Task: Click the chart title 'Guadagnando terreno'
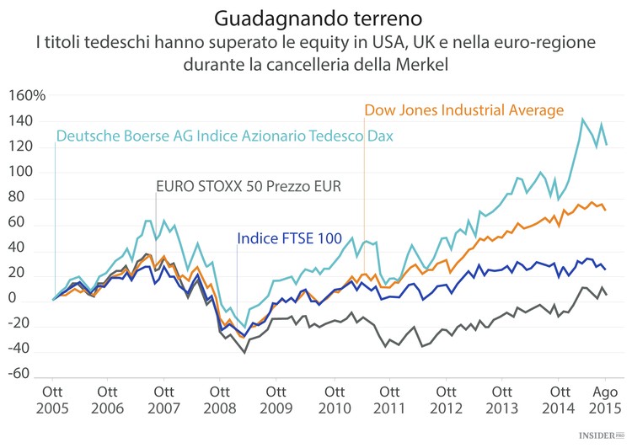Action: tap(316, 17)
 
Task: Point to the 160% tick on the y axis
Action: tap(26, 96)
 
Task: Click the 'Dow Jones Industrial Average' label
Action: tap(463, 110)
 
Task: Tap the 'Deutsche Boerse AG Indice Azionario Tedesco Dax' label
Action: tap(225, 136)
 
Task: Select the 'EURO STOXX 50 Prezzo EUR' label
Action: tap(249, 185)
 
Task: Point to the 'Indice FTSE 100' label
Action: tap(289, 239)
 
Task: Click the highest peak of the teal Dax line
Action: tap(582, 119)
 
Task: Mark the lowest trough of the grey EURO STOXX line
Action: tap(244, 353)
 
